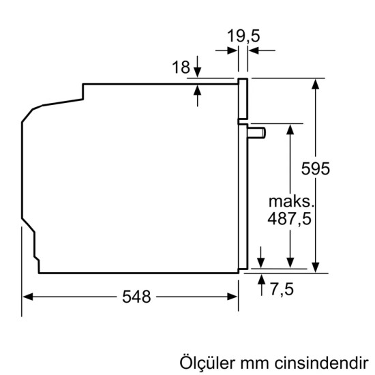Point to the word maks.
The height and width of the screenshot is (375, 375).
tap(291, 202)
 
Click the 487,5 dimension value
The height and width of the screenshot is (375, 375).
tap(291, 220)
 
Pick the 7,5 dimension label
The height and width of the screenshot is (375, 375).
tap(281, 289)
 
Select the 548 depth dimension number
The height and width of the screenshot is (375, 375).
tap(136, 297)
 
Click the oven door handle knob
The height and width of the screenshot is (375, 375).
tap(260, 132)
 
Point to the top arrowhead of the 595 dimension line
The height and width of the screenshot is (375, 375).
tap(316, 84)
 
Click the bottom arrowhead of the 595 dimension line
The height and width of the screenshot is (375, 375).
tap(316, 267)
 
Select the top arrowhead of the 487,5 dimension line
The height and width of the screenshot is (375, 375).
tap(291, 128)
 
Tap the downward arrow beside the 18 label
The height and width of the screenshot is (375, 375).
tap(197, 73)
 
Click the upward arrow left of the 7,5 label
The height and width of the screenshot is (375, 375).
tap(262, 280)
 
